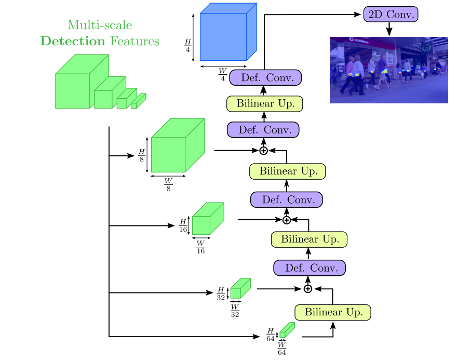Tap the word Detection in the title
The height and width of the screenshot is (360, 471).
click(x=73, y=42)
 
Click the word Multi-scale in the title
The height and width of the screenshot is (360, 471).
click(x=100, y=24)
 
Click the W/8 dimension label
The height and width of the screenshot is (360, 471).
click(x=168, y=184)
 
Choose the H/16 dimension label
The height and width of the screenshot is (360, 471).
click(x=183, y=225)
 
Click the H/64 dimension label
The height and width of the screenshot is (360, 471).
click(x=270, y=334)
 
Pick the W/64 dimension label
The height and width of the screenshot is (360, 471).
click(x=282, y=348)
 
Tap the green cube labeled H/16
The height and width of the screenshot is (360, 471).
click(x=208, y=218)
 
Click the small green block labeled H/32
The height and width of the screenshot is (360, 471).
click(x=240, y=288)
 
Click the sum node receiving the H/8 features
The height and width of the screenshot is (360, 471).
click(x=263, y=151)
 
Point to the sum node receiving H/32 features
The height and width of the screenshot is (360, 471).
click(x=308, y=289)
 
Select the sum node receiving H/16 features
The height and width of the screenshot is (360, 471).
click(x=286, y=220)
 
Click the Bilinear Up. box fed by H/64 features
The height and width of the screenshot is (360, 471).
click(x=333, y=312)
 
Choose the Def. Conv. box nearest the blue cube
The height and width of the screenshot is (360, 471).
click(x=265, y=78)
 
